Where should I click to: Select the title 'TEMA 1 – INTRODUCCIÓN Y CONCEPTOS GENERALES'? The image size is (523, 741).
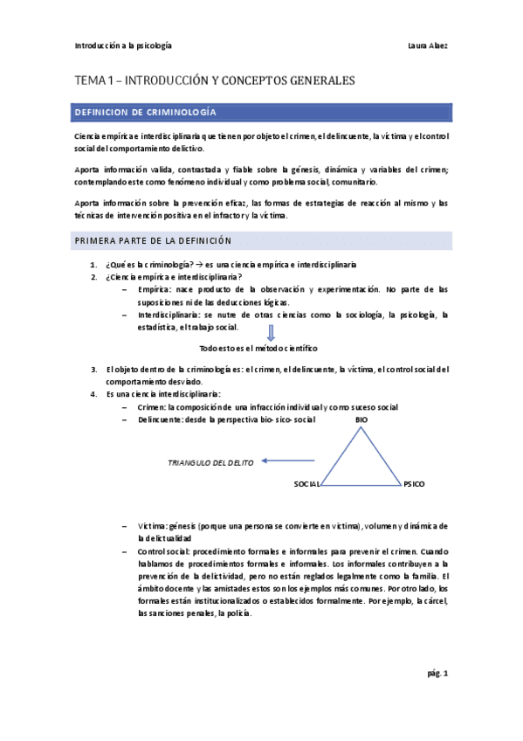click(x=214, y=80)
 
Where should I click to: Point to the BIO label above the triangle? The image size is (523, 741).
click(x=361, y=420)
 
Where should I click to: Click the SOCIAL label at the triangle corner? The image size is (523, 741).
click(x=307, y=483)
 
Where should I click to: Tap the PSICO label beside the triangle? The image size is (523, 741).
click(x=414, y=483)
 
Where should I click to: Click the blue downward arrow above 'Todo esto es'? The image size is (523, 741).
click(x=271, y=333)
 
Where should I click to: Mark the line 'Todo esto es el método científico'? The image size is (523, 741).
click(x=258, y=348)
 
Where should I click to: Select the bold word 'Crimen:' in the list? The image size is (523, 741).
click(x=152, y=407)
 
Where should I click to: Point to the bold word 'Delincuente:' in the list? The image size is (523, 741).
click(x=161, y=420)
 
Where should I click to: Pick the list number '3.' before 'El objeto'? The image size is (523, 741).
click(x=94, y=369)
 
